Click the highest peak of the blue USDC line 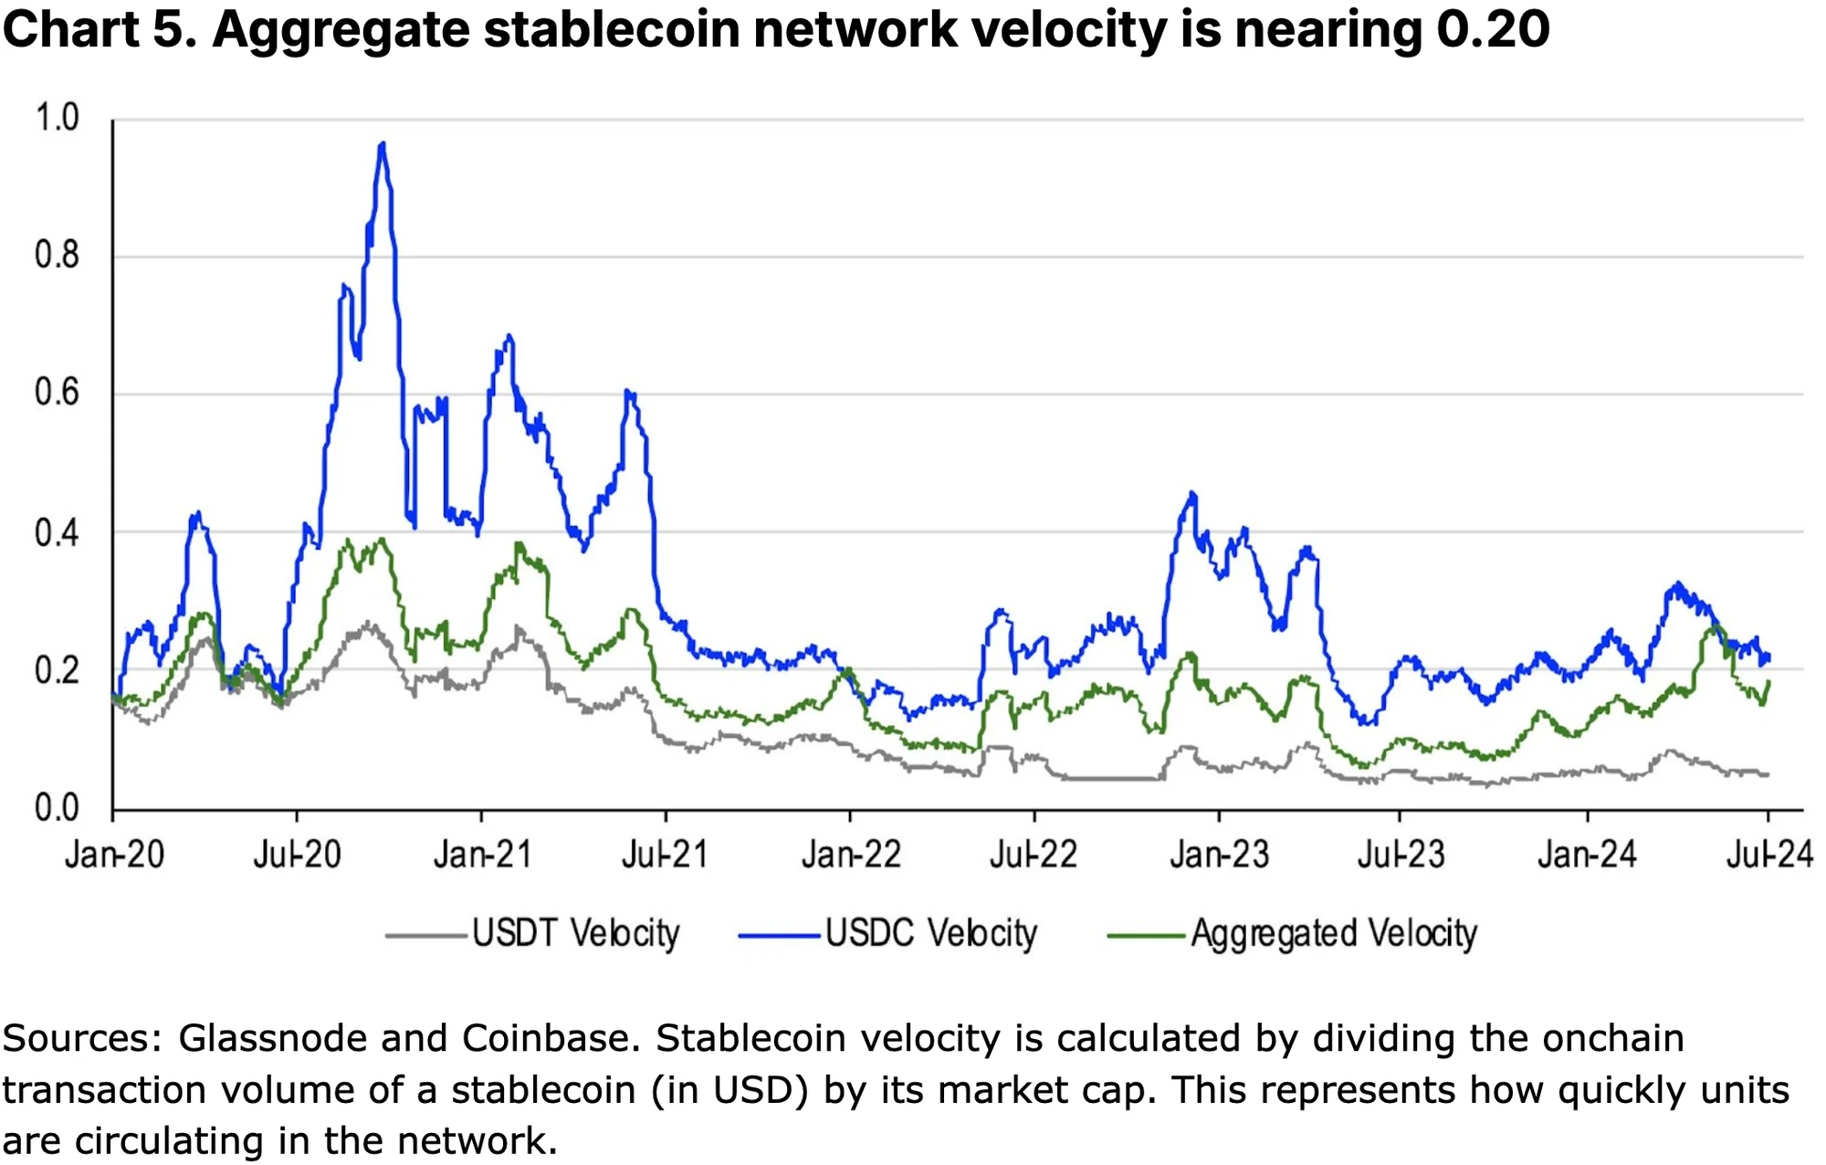click(383, 144)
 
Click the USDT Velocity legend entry click(575, 934)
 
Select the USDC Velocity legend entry click(931, 934)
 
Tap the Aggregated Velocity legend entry click(1333, 934)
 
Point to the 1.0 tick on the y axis click(57, 118)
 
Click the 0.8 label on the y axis click(57, 256)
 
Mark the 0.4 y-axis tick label click(57, 533)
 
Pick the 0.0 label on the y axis click(57, 809)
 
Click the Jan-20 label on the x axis click(114, 855)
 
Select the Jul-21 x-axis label click(665, 855)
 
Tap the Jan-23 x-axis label click(1219, 855)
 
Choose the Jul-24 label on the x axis click(1768, 855)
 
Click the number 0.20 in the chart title click(1493, 29)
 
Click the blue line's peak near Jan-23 click(1191, 494)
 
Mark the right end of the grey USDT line click(1768, 775)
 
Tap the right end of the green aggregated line click(1768, 681)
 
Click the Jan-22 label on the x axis click(851, 855)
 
